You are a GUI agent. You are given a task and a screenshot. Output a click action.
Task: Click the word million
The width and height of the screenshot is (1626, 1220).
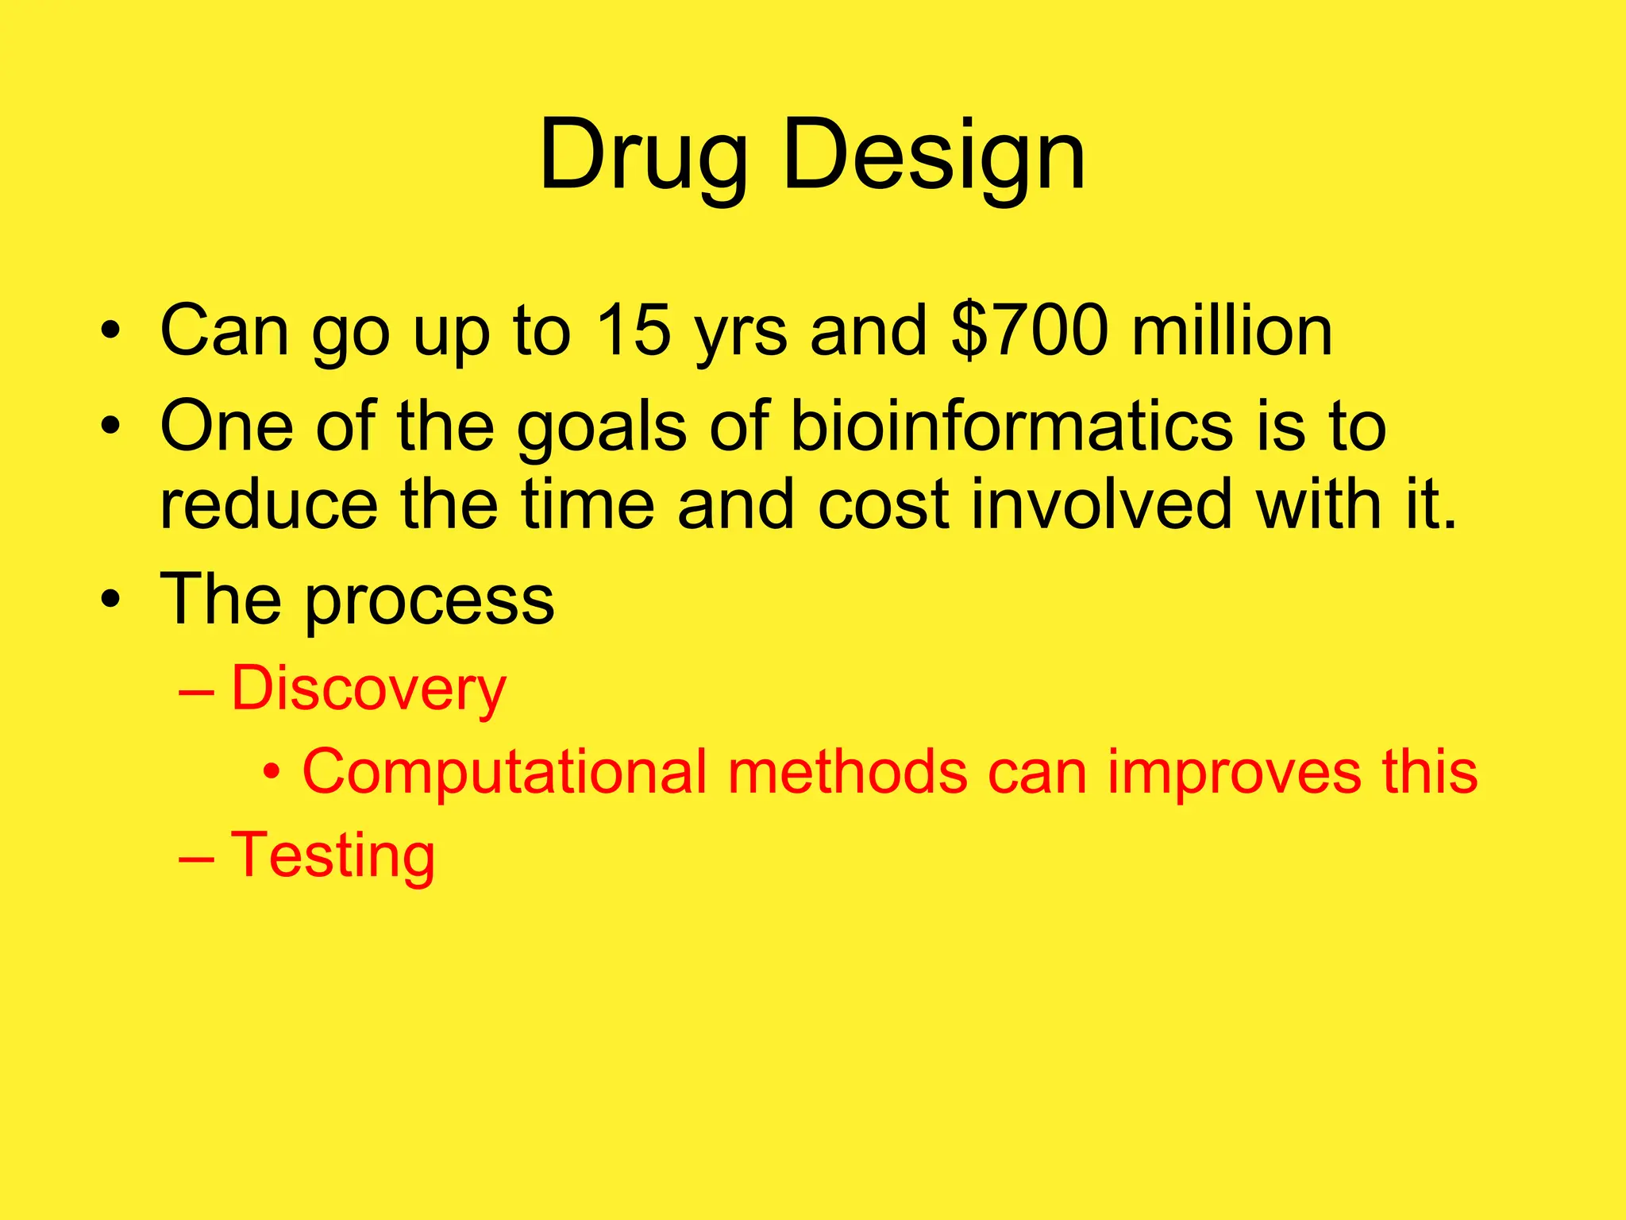pos(1232,330)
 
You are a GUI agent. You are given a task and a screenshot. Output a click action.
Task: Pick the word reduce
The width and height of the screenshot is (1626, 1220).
pos(269,504)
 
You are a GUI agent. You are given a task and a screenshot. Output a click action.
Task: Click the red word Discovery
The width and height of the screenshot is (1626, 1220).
pos(368,689)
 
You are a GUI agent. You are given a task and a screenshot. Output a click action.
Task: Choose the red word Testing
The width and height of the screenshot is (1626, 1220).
pos(333,855)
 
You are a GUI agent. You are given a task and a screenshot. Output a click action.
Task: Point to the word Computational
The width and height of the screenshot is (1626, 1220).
pos(504,772)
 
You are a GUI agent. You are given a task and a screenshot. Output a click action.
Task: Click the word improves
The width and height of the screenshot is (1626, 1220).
pos(1233,772)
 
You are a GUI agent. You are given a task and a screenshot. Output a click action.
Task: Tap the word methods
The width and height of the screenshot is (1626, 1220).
pos(847,772)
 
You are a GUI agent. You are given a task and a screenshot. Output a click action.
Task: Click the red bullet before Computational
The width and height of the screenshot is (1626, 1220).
pos(272,770)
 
